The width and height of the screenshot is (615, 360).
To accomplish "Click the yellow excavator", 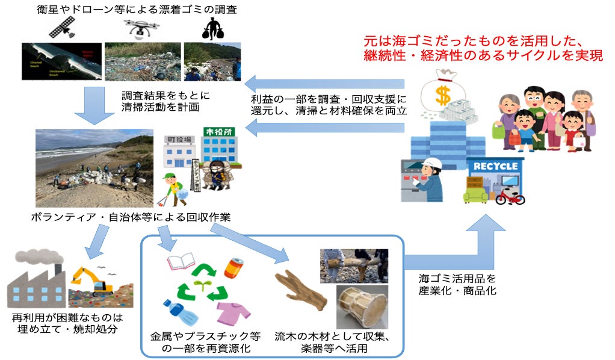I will tap(91, 279).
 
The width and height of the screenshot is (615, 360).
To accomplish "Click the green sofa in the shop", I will tap(475, 194).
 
